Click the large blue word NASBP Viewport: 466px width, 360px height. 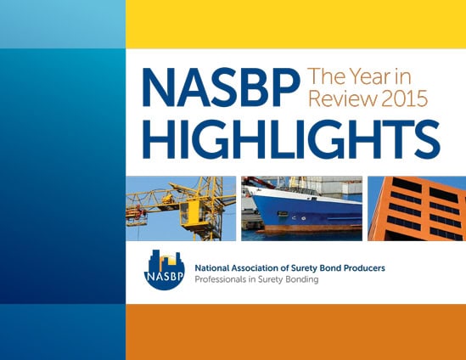point(221,87)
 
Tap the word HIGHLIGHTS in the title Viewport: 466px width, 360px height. point(291,139)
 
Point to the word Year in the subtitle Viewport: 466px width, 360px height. point(368,76)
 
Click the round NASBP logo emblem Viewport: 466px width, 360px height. point(165,270)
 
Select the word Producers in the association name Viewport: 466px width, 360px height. point(364,268)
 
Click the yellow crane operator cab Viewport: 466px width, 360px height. point(190,214)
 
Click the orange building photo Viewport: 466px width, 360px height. point(417,208)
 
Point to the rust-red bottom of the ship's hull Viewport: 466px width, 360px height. point(309,228)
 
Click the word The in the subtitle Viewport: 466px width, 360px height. point(326,76)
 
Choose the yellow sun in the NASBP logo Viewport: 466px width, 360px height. point(171,262)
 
